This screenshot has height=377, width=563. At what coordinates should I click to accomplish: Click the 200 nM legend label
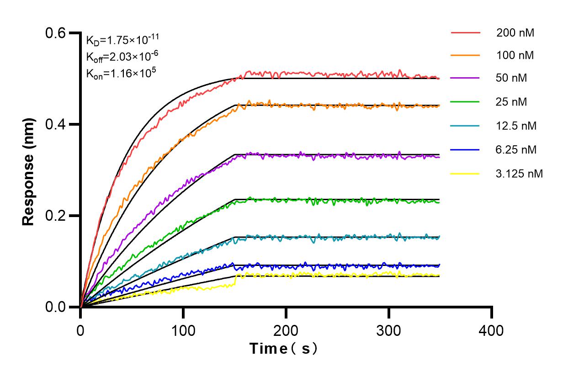(515, 33)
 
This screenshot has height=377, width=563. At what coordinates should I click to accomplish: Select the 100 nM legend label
(515, 56)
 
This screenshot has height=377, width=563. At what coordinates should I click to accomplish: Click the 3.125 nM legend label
(520, 174)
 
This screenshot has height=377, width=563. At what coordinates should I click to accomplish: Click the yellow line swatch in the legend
(466, 174)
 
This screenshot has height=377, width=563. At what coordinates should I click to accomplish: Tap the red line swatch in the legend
(466, 33)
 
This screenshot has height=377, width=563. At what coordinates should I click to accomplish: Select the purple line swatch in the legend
(466, 78)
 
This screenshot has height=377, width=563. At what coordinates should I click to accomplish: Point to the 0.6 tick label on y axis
(57, 33)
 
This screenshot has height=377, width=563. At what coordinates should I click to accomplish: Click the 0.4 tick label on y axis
(57, 124)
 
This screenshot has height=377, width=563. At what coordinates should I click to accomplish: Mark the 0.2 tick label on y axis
(57, 216)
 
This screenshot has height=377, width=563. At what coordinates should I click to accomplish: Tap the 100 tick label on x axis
(183, 330)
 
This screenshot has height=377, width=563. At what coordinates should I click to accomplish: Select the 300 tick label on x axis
(389, 330)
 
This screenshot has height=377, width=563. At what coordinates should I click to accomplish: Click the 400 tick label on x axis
(492, 330)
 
